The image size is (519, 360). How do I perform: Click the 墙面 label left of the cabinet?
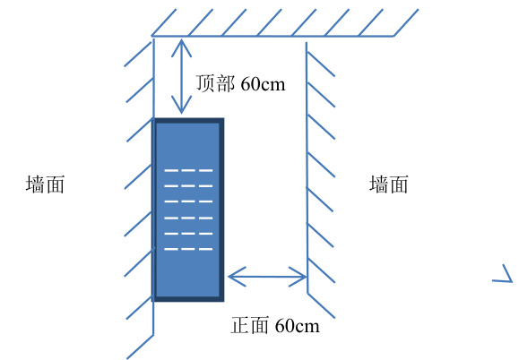(45, 184)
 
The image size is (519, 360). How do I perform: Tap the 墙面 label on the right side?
(389, 184)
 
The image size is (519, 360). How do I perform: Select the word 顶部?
(215, 82)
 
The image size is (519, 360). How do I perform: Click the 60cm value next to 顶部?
(263, 84)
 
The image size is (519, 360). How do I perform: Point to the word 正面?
(249, 325)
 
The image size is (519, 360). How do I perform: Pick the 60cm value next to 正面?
(298, 326)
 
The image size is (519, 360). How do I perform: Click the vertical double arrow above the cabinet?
(181, 76)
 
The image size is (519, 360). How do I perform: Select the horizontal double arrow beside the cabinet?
(267, 277)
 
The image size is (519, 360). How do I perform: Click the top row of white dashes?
(188, 170)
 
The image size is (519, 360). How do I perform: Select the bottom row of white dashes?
(188, 249)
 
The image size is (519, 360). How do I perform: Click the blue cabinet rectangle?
(188, 210)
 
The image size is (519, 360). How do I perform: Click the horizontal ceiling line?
(272, 36)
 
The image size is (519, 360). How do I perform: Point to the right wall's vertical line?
(307, 167)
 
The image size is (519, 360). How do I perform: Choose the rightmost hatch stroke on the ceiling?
(406, 22)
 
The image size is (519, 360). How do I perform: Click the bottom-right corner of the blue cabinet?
(224, 302)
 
